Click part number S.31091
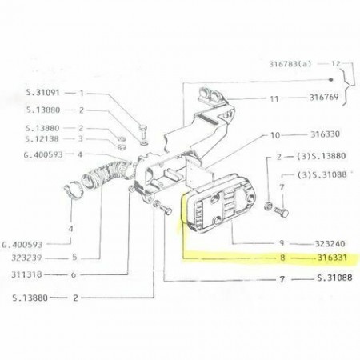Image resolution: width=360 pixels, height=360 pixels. click(x=43, y=93)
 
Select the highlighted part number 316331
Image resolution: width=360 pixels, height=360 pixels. click(x=332, y=258)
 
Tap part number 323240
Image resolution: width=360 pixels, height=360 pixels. click(x=330, y=243)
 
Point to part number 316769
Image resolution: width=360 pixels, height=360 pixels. click(x=324, y=98)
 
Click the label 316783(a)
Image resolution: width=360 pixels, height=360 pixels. click(x=290, y=64)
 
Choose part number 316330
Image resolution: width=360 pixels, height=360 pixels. click(x=325, y=134)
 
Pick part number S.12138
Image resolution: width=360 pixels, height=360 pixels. click(x=42, y=139)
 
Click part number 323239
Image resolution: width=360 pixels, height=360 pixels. click(x=26, y=258)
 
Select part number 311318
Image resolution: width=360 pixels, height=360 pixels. click(x=26, y=274)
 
